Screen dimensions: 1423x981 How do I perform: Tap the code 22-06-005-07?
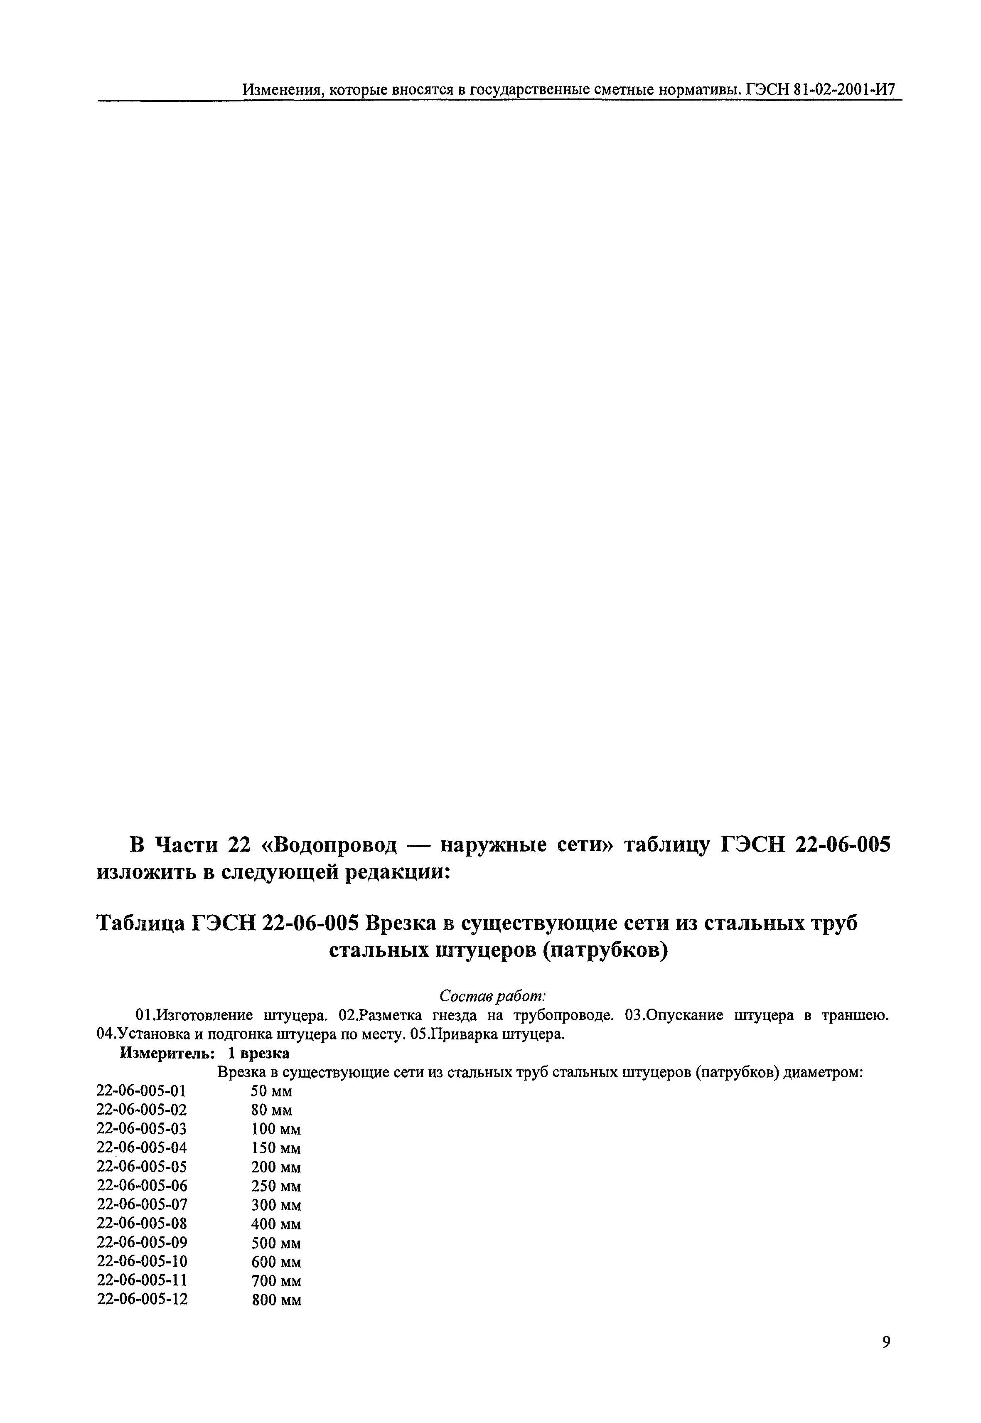coord(142,1205)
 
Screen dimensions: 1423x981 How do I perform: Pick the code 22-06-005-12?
coord(142,1299)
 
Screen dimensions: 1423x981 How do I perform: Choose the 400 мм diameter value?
coord(276,1224)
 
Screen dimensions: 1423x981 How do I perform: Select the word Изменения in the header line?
coord(282,90)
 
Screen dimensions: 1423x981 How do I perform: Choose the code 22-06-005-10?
coord(142,1261)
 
